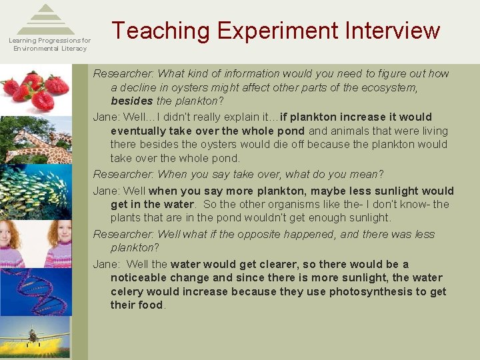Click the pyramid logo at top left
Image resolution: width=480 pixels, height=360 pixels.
pyautogui.click(x=46, y=19)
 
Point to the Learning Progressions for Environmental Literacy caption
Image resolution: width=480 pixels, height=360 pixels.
pyautogui.click(x=49, y=45)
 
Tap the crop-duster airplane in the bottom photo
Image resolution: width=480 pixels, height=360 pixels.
pyautogui.click(x=30, y=335)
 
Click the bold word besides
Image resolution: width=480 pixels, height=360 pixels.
pyautogui.click(x=132, y=101)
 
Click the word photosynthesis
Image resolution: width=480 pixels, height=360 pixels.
pyautogui.click(x=373, y=291)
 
